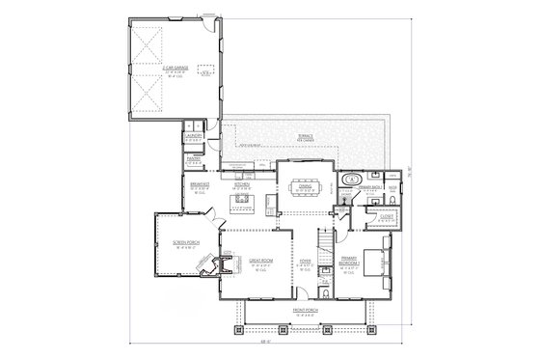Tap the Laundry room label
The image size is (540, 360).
coord(192,136)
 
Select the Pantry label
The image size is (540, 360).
coord(192,156)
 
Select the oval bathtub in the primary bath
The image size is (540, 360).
coord(352,180)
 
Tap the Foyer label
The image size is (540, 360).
coord(304,261)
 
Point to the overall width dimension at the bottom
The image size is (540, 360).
coord(263,341)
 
